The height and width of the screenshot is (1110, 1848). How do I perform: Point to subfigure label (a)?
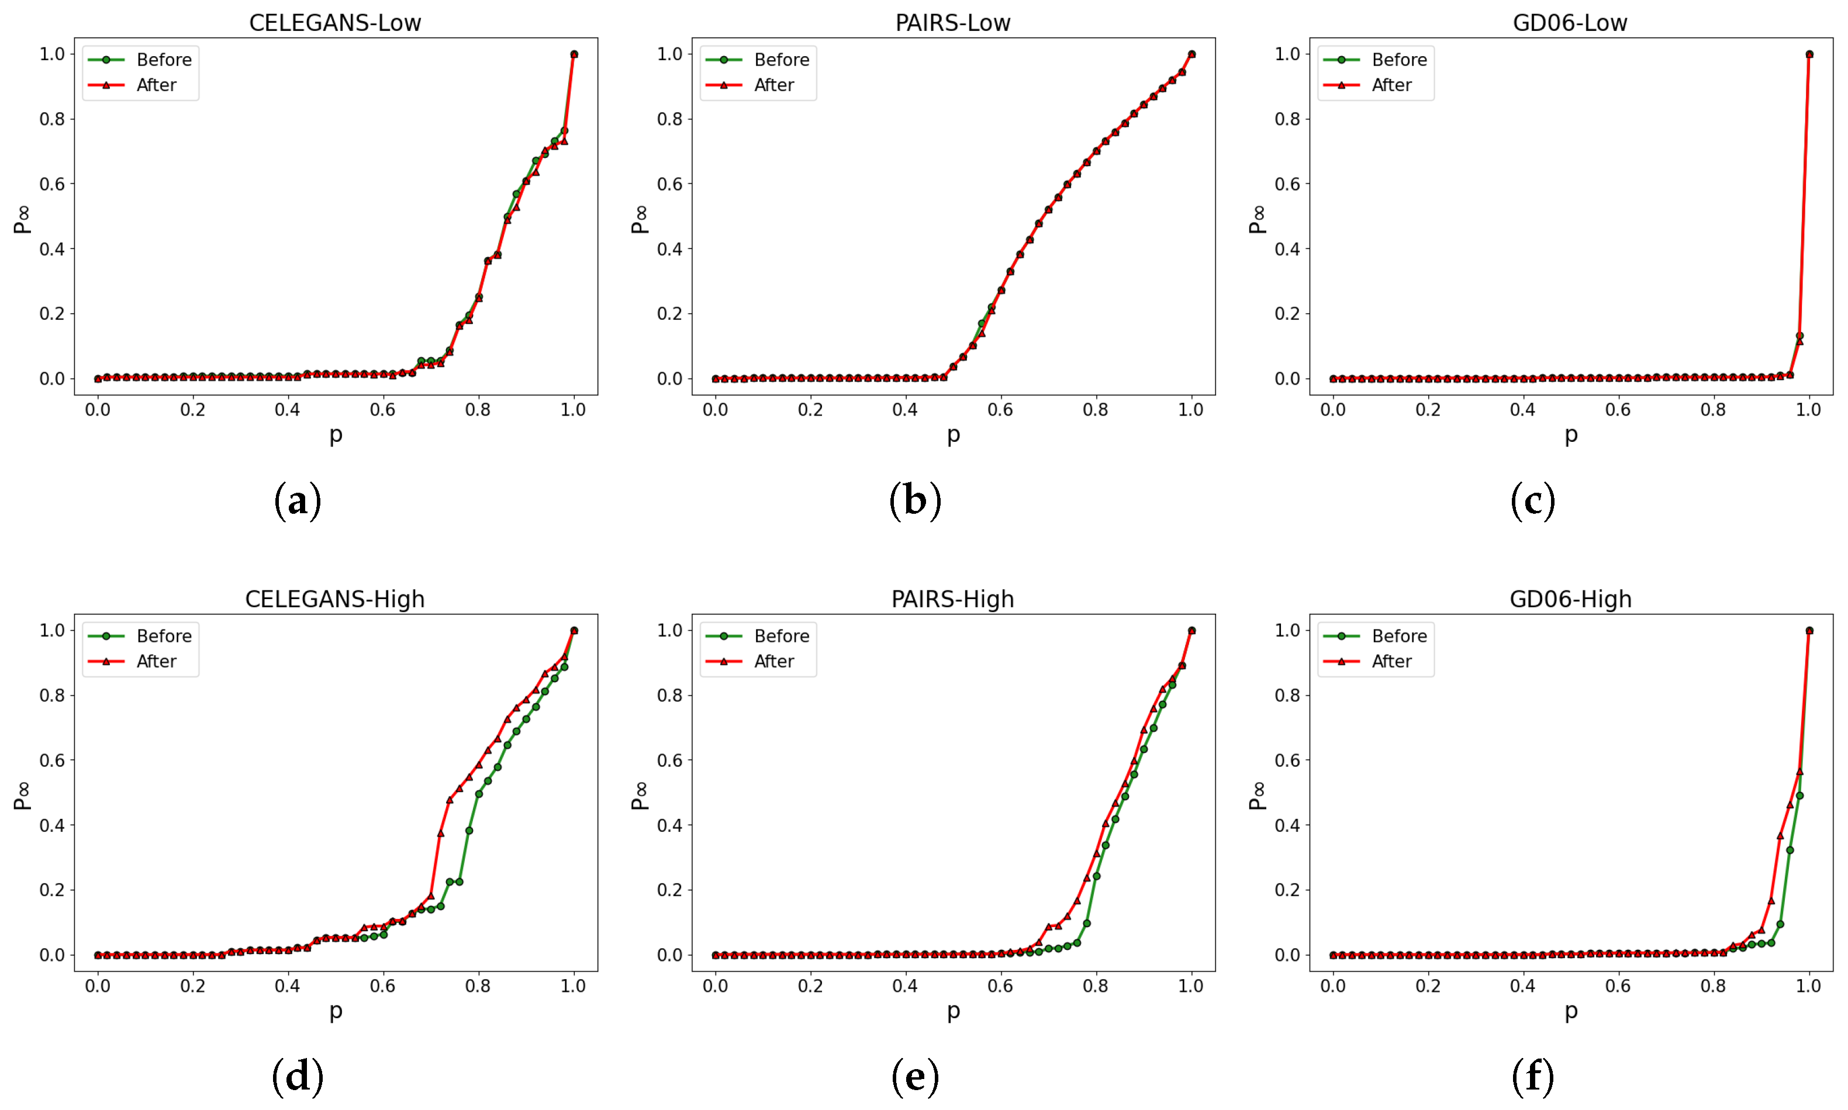click(x=298, y=500)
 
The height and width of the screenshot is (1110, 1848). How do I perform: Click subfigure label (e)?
click(x=915, y=1077)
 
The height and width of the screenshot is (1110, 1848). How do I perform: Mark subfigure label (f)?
click(x=1532, y=1077)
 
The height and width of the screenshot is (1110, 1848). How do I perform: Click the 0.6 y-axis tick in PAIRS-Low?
click(x=669, y=184)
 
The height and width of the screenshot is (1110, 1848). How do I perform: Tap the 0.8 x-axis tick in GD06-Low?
click(x=1712, y=410)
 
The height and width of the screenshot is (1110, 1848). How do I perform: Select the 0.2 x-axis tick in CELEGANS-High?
click(x=192, y=986)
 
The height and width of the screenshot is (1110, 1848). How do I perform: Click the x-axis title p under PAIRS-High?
click(x=953, y=1011)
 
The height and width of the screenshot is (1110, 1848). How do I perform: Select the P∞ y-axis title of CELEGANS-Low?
click(x=22, y=219)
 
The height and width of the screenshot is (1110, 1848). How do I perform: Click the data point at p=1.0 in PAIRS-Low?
click(x=1191, y=54)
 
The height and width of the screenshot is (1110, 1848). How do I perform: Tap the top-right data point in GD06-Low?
click(x=1809, y=54)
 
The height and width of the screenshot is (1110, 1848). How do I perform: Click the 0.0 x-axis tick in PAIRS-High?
click(x=715, y=986)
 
